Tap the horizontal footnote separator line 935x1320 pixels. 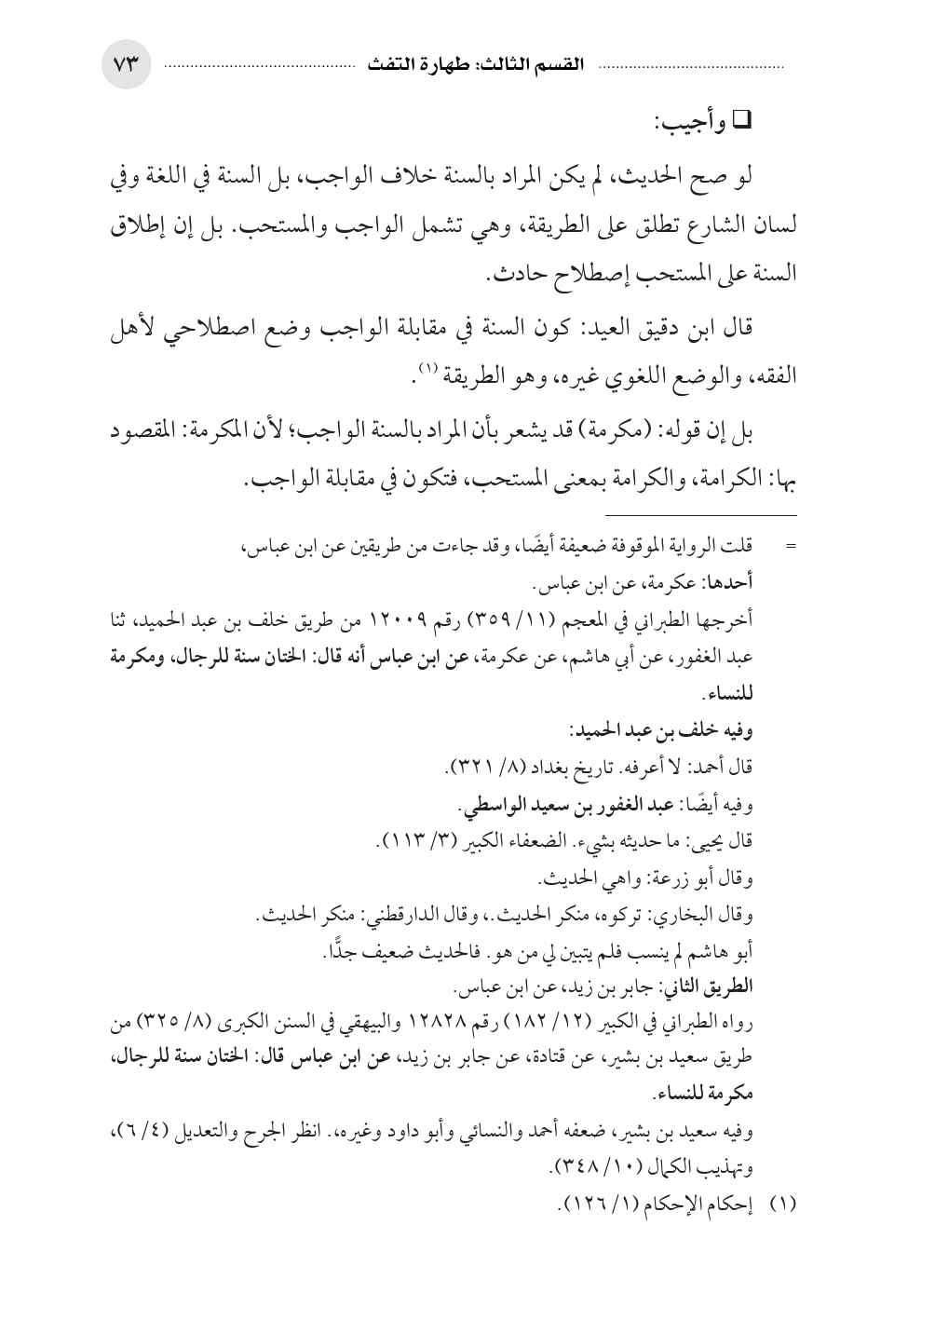[x=700, y=514]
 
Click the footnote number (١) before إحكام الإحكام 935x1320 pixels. [x=782, y=1203]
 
